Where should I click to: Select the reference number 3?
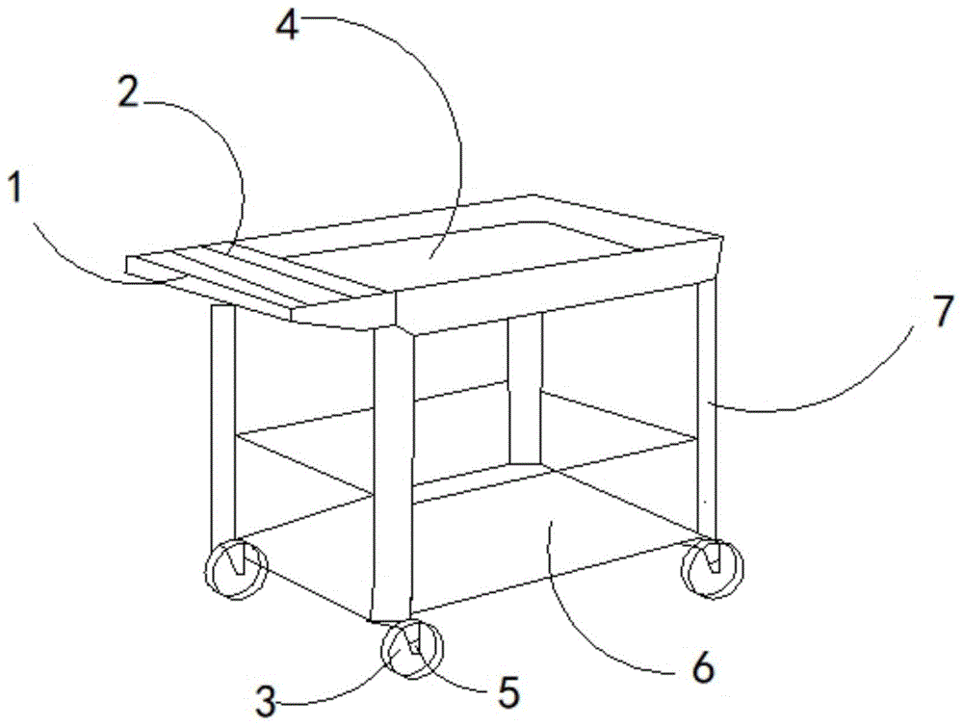[266, 702]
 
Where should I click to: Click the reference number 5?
[508, 692]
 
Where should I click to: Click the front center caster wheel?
[411, 649]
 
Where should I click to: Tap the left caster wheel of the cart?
[237, 569]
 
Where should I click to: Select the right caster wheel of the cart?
[713, 567]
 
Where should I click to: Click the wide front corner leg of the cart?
[392, 473]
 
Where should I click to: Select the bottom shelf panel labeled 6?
[467, 540]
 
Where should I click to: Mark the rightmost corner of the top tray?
[723, 238]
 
